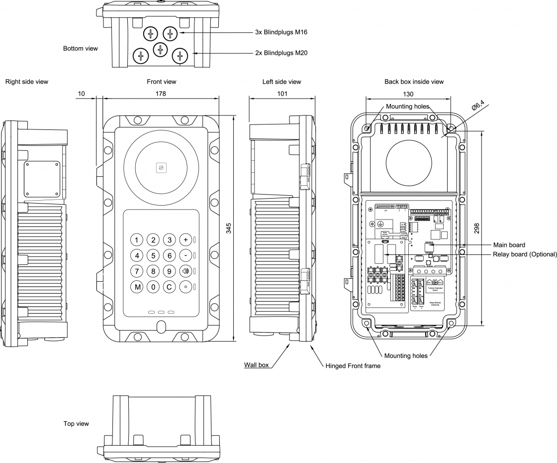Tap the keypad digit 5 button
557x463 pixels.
pos(154,256)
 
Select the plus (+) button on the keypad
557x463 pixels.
pos(186,240)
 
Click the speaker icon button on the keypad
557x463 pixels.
pos(186,271)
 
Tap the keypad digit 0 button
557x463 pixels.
pos(154,287)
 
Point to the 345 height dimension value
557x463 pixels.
pos(229,229)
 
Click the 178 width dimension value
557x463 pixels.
pos(160,94)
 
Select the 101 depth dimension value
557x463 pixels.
pos(281,94)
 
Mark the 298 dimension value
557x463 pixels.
pos(476,228)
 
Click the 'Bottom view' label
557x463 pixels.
pos(81,49)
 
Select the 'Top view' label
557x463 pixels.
pos(76,424)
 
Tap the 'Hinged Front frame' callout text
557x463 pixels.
pos(353,366)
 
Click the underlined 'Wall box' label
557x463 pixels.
pos(256,365)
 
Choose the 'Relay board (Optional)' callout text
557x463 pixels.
pos(525,254)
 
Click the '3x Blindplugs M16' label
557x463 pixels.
pos(281,32)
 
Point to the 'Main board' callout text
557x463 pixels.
pos(509,245)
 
